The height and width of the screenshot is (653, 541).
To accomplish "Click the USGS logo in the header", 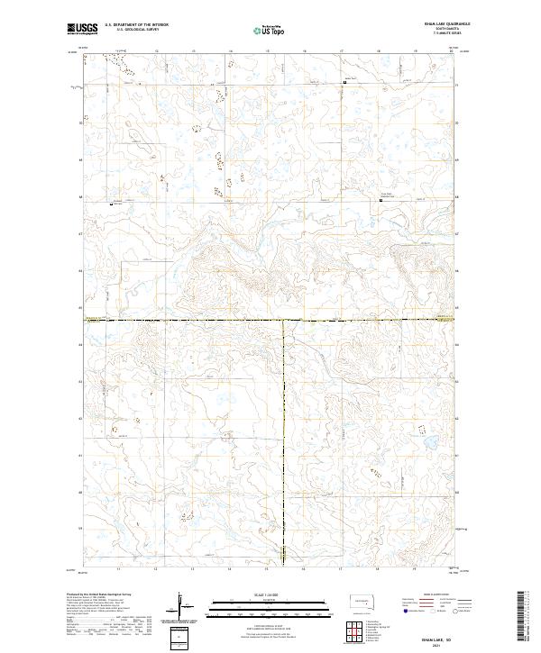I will [83, 29].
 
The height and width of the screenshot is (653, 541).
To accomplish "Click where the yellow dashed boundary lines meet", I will [284, 320].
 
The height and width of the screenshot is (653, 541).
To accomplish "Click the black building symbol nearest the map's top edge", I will [343, 84].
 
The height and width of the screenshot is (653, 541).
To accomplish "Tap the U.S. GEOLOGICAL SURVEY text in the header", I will [133, 31].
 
